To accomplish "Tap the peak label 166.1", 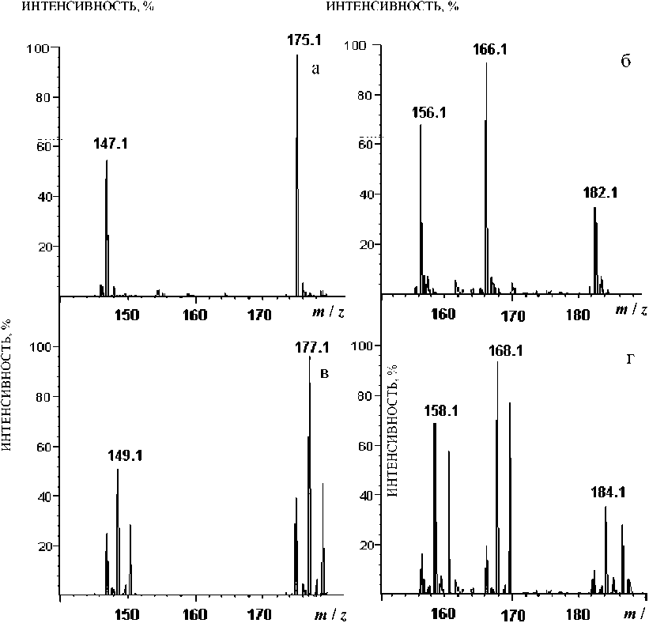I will [489, 50].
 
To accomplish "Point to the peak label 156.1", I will [429, 112].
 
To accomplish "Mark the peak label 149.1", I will [125, 456].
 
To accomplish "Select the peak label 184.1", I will [608, 492].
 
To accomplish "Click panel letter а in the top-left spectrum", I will [315, 69].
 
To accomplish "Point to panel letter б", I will [624, 62].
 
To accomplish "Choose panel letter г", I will [630, 360].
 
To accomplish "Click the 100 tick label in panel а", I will [39, 48].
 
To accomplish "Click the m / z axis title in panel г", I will [631, 614].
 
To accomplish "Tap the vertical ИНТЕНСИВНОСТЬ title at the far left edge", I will [7, 379].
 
